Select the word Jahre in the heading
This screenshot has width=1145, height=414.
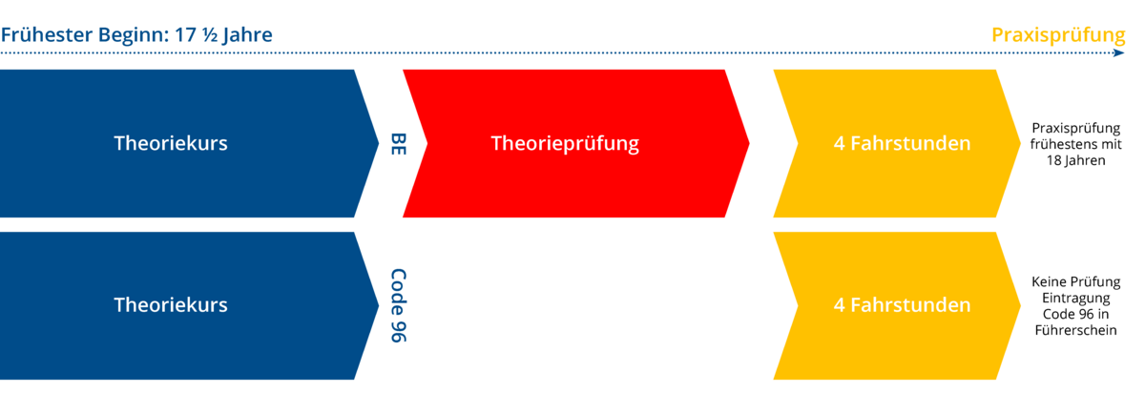[243, 35]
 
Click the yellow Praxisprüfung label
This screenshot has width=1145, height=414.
[1058, 35]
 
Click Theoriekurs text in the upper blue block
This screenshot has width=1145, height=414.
[171, 144]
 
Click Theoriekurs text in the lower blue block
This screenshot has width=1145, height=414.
[171, 305]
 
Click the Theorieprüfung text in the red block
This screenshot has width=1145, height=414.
[565, 144]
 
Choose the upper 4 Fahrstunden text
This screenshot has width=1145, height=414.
[902, 144]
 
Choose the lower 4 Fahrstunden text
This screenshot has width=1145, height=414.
[902, 305]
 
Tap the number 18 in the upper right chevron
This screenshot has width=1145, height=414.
[1054, 161]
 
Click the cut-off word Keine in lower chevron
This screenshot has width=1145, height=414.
[1049, 281]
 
